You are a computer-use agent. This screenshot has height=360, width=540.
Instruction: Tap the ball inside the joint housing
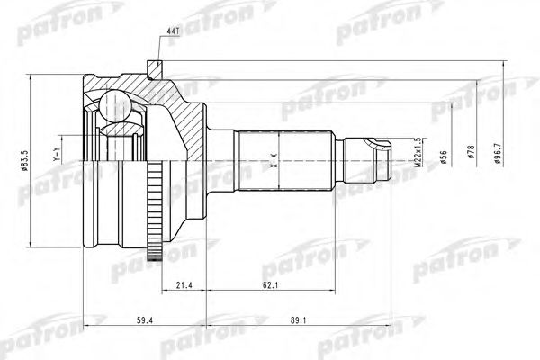(114, 105)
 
